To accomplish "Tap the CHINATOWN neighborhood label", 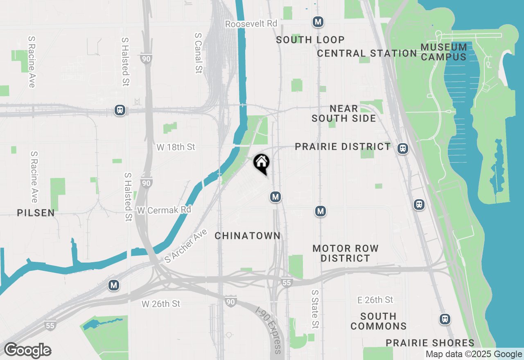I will [248, 236].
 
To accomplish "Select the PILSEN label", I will [36, 213].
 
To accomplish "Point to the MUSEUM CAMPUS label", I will [444, 52].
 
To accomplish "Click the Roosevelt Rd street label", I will [251, 24].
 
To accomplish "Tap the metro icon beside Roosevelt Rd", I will [318, 22].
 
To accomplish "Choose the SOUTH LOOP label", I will [310, 40].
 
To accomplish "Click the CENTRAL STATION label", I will [367, 53].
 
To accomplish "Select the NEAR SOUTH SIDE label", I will [344, 113].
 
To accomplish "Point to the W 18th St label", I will [176, 147].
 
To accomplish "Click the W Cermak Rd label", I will [164, 210].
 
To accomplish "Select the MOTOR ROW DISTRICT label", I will [346, 253].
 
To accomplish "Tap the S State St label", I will [315, 309].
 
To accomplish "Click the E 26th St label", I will [375, 300].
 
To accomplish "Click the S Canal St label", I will [199, 53].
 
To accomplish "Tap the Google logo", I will [28, 351].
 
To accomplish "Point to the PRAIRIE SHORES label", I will [430, 343].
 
